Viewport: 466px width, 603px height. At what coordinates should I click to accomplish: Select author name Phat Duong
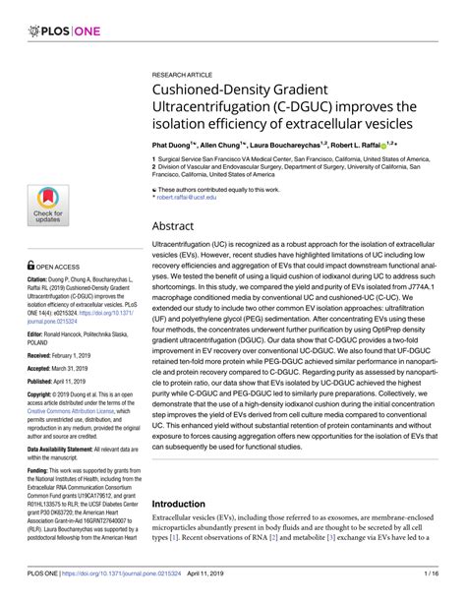(173, 143)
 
